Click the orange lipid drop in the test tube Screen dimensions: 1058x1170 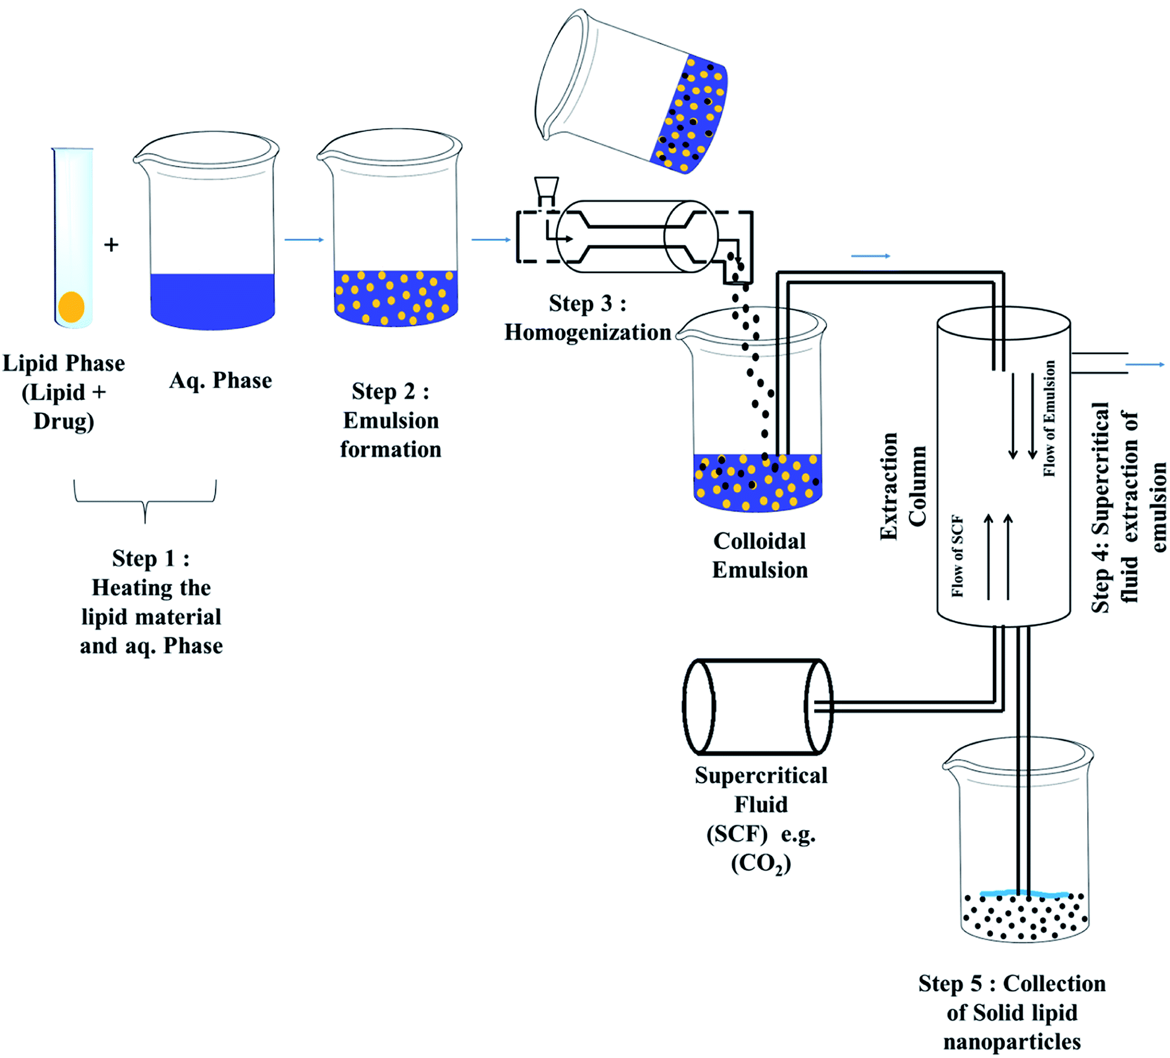(71, 307)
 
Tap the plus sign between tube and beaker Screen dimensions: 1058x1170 (111, 245)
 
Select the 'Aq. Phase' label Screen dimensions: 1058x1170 (221, 380)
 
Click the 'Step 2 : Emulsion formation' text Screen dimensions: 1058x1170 (391, 420)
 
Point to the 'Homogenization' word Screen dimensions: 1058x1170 (587, 332)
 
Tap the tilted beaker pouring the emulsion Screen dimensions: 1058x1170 (631, 93)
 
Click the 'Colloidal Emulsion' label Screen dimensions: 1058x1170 (760, 555)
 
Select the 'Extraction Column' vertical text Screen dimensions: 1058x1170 (903, 486)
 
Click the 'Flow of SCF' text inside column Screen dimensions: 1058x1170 (957, 556)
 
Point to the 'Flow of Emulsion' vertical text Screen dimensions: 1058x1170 (1049, 419)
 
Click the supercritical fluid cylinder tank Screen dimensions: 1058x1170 (758, 707)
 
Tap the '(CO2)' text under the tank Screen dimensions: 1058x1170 (761, 864)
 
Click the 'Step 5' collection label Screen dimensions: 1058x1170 (1012, 1012)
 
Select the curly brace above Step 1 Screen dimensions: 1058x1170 (145, 499)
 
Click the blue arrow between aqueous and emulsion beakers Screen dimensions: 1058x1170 (304, 240)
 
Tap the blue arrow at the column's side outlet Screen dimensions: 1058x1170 (1145, 365)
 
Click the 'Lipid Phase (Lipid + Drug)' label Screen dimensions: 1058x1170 (64, 392)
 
